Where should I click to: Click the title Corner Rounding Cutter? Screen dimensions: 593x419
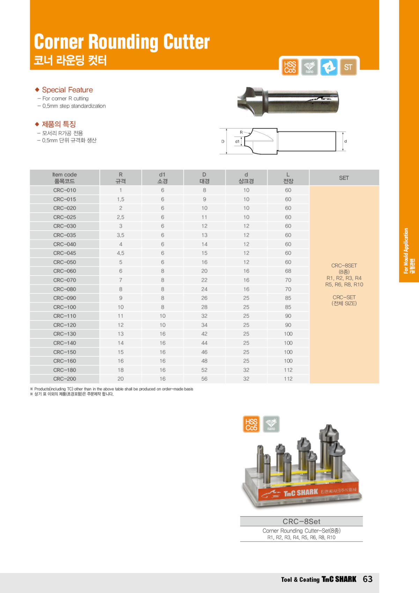122,42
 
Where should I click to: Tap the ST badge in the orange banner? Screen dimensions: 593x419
348,67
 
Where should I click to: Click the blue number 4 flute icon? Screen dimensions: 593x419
329,67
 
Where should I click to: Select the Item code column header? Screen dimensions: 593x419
65,178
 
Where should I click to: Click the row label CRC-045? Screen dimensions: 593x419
65,253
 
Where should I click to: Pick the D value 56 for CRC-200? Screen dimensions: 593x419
204,379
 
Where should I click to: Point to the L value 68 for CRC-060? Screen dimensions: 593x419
288,271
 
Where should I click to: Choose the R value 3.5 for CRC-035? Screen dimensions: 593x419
120,235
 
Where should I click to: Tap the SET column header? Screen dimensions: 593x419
344,178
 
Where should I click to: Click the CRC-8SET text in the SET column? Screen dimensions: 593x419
344,265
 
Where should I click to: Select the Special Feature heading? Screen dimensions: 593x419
67,90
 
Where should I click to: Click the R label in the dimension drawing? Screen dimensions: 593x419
241,132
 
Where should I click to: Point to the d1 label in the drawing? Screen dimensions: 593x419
237,141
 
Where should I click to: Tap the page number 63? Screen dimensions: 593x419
368,579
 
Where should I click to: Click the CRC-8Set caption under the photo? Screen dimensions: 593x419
301,521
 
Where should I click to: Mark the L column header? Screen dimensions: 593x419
288,178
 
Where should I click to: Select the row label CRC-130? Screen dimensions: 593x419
65,334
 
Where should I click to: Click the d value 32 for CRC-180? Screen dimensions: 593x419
246,370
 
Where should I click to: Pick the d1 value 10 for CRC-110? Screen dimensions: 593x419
162,316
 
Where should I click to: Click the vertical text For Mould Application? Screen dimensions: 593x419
406,250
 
